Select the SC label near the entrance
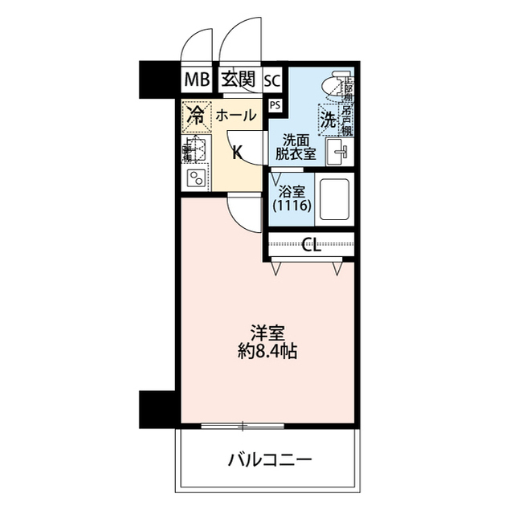point(271,80)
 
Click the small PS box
point(275,105)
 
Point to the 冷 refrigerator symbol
point(195,115)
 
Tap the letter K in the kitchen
point(238,153)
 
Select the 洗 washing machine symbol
point(329,120)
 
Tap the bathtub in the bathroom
point(337,198)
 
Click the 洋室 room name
point(267,332)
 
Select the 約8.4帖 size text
point(267,352)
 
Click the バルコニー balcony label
point(269,460)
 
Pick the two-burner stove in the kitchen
point(195,178)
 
